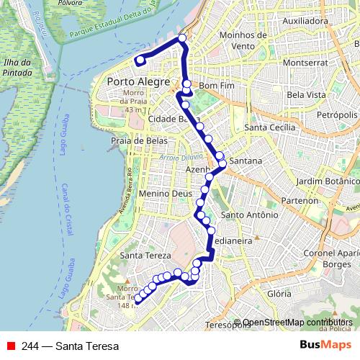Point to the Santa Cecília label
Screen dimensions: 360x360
point(270,127)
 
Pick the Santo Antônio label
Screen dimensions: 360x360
point(249,215)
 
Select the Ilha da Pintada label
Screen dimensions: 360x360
point(17,66)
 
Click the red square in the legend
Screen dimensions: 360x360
point(11,346)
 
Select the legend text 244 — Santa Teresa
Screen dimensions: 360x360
point(71,346)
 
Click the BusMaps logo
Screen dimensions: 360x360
point(321,345)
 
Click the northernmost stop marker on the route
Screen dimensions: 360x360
point(182,38)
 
